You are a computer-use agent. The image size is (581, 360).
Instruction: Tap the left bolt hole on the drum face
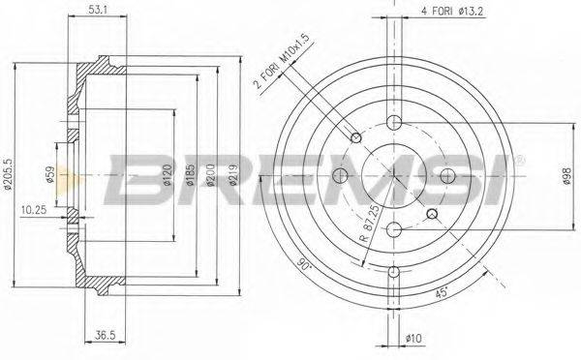[x=340, y=175]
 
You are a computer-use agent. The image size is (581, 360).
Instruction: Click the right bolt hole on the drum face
[x=446, y=175]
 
